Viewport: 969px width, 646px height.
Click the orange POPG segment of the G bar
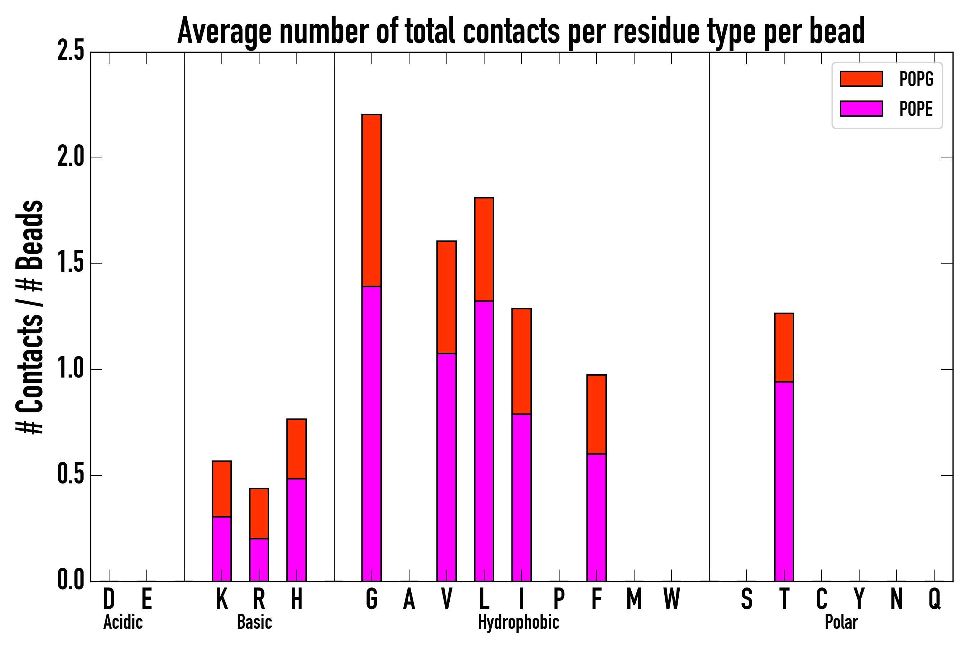click(371, 200)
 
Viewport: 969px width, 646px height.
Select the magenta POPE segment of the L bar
click(484, 441)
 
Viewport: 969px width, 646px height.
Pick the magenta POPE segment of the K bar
click(222, 549)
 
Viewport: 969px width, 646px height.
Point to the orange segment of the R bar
click(259, 513)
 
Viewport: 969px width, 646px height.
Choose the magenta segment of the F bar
click(596, 518)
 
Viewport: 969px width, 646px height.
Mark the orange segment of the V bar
click(446, 297)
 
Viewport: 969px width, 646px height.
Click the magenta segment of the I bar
click(521, 498)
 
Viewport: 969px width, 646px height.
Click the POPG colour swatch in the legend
click(861, 79)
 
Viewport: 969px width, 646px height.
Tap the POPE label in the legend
click(916, 109)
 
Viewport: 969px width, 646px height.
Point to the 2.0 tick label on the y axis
click(71, 158)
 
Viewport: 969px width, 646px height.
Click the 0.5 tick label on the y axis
click(71, 475)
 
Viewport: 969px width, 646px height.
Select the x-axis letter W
click(671, 599)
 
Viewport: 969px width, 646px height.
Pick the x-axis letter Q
click(935, 599)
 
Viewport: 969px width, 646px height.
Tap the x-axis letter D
click(109, 599)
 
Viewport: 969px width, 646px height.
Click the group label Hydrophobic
click(518, 622)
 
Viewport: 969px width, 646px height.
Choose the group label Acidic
click(123, 622)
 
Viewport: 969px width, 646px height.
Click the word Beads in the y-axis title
click(30, 235)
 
